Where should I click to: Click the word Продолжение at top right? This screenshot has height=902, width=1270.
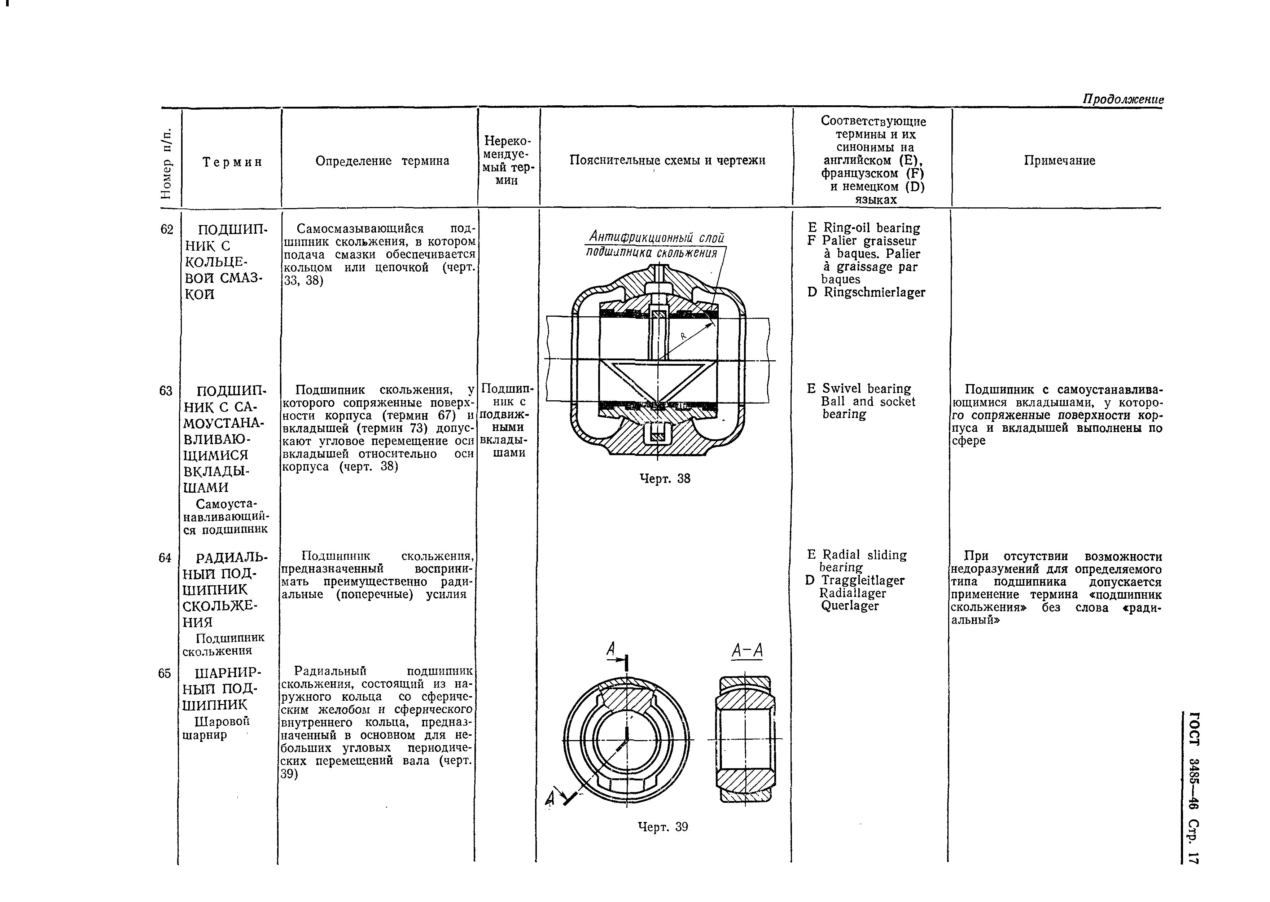pos(1123,100)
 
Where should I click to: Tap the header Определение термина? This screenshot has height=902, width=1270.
pos(382,161)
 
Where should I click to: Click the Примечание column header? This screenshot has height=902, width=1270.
pos(1059,160)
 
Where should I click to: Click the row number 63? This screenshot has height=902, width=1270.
pos(166,391)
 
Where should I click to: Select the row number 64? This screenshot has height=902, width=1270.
pos(165,558)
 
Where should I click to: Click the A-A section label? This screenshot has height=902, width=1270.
pos(747,651)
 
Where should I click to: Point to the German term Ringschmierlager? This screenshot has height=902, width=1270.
pos(874,292)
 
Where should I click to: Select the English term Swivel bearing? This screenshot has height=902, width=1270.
pos(866,389)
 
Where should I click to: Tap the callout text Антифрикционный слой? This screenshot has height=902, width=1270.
pos(657,237)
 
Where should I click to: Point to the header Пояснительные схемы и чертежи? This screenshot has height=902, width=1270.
pos(667,160)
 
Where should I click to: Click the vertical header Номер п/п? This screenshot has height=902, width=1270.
pos(167,162)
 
